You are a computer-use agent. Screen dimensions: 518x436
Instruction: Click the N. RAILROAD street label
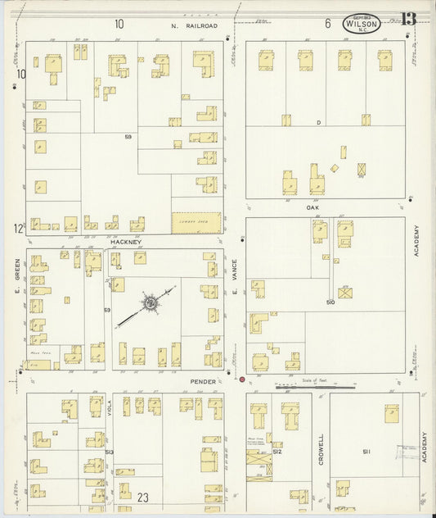(195, 25)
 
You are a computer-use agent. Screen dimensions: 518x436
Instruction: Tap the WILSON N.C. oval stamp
(362, 24)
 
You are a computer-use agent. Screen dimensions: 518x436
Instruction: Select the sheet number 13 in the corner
(407, 19)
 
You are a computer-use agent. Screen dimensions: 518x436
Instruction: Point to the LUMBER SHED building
(196, 221)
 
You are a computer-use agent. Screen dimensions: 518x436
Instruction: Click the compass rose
(151, 303)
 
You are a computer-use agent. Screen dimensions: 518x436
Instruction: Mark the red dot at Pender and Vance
(242, 379)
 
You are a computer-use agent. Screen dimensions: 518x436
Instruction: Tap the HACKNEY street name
(126, 243)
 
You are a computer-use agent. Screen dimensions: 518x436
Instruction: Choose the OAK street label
(312, 207)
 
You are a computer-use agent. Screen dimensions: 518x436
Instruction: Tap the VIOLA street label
(109, 407)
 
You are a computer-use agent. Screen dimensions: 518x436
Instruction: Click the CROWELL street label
(321, 448)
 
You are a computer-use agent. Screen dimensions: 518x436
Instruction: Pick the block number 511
(366, 452)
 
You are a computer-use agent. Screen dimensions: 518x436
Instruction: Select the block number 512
(277, 452)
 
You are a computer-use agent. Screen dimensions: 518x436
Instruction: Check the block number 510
(330, 302)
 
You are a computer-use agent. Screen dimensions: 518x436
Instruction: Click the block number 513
(108, 452)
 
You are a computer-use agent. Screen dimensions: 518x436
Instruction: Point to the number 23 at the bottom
(143, 497)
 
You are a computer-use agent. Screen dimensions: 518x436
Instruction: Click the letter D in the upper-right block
(319, 123)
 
